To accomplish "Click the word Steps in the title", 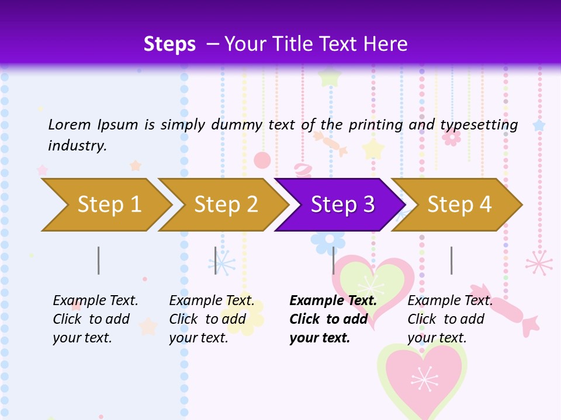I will pyautogui.click(x=169, y=44).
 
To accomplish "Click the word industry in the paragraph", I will pyautogui.click(x=77, y=146).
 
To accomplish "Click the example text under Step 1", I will pyautogui.click(x=95, y=318).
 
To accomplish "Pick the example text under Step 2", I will pyautogui.click(x=212, y=318).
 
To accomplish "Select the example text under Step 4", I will pyautogui.click(x=450, y=318).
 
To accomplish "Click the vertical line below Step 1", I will pyautogui.click(x=99, y=260).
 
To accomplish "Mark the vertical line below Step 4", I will pyautogui.click(x=452, y=260).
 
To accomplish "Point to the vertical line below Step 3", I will pyautogui.click(x=334, y=260).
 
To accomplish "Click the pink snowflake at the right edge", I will pyautogui.click(x=539, y=262).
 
